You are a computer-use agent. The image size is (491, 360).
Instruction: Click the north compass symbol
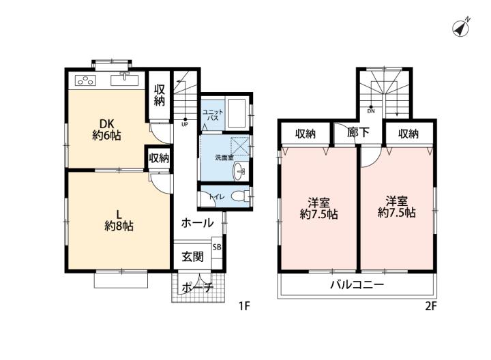460,28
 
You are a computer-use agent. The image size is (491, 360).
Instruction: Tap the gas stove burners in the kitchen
85,80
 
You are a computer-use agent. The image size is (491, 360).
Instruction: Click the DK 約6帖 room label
106,130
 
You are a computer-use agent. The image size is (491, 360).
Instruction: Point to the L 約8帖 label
119,220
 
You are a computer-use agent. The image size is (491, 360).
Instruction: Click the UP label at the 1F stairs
185,124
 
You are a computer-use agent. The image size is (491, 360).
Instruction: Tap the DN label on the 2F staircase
371,111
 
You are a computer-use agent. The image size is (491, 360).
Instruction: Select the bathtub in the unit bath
237,114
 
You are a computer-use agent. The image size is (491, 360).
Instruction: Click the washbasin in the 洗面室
239,172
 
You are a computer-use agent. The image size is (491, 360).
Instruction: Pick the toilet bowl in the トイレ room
239,196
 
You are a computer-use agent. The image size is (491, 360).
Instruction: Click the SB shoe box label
217,247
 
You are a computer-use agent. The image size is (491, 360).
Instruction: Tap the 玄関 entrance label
192,256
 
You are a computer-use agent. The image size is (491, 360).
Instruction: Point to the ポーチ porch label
197,287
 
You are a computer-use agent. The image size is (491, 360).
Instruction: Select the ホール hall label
197,223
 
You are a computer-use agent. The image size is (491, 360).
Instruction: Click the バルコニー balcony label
357,285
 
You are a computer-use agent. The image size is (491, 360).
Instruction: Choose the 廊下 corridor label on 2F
358,133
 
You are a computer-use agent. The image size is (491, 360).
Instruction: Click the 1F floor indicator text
244,306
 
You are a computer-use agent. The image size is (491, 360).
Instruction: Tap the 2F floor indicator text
430,306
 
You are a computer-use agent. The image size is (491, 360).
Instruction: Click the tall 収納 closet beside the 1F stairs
159,95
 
